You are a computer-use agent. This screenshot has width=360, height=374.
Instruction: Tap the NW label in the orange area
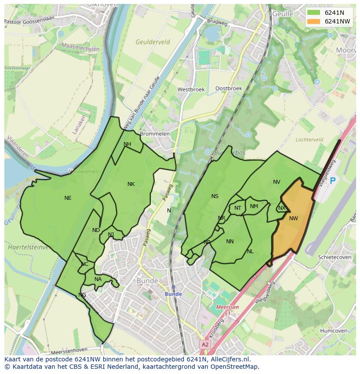coord(293,218)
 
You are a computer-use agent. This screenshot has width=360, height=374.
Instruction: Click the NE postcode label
coord(68,198)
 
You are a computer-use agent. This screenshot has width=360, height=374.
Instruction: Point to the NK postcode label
coord(131,184)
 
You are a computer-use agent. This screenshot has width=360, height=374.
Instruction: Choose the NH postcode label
coord(127,144)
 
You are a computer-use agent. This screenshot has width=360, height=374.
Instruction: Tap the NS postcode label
coord(215,196)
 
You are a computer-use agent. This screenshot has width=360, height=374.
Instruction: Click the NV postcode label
coord(277,182)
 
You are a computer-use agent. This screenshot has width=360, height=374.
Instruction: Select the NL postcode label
coord(250,252)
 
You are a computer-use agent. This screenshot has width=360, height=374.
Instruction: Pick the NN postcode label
coord(230,242)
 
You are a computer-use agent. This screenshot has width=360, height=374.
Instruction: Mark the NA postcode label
coord(98,279)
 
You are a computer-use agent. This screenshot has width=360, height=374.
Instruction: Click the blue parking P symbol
coord(333,181)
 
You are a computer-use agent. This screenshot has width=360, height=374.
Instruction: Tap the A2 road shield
coord(204,344)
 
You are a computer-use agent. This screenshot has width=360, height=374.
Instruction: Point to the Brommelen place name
coord(155,134)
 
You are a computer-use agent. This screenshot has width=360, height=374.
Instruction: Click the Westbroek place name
coord(191,89)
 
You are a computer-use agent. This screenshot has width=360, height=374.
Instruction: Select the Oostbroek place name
coord(229,88)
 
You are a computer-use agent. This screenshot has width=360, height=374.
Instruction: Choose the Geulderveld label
coord(153,42)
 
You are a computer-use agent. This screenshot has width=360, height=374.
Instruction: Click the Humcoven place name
coord(333,331)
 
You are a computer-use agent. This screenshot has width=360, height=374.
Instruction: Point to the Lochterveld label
coord(309,140)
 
